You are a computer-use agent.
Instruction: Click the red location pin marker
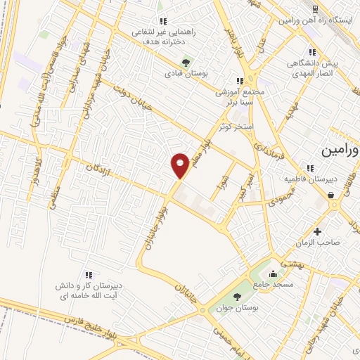(180, 165)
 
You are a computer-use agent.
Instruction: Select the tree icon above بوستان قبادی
(186, 60)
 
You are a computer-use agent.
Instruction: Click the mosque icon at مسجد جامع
(274, 274)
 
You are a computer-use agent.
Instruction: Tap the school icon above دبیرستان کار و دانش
(88, 275)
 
